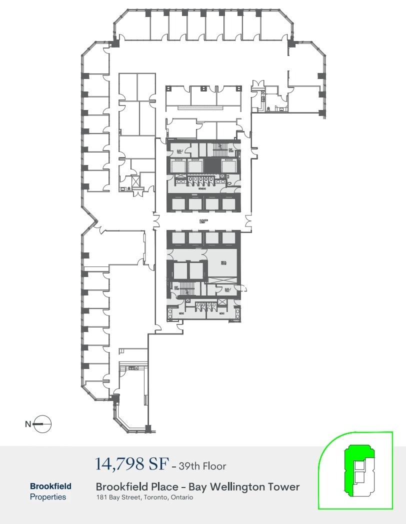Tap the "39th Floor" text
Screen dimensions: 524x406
tap(203, 466)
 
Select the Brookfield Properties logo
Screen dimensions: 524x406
tap(50, 491)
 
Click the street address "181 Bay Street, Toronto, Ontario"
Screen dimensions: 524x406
tap(144, 497)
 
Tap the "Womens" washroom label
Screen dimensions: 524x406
tap(202, 189)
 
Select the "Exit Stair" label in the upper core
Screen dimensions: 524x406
tap(231, 150)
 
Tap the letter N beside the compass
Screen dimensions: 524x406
tap(28, 424)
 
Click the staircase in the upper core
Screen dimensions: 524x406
tap(218, 148)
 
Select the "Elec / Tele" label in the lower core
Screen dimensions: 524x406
tap(227, 289)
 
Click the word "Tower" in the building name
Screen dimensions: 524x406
tap(285, 486)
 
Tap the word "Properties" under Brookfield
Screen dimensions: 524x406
tap(48, 497)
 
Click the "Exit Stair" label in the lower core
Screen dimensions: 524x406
tap(176, 288)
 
